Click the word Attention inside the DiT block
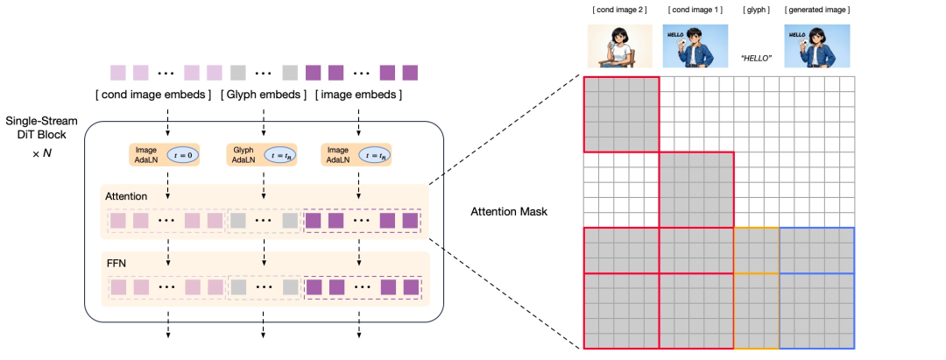tap(125, 197)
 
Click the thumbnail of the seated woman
tap(619, 46)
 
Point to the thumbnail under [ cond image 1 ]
tap(695, 46)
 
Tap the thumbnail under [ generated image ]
tap(817, 46)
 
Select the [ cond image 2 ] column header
tap(619, 10)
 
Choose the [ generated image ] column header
tap(817, 10)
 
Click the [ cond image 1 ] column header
tap(695, 10)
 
